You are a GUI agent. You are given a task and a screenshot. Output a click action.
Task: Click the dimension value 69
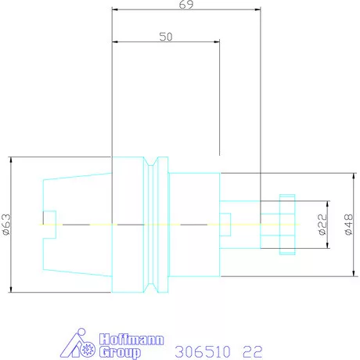point(186,5)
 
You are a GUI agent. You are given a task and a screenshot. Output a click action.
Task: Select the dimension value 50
point(166,37)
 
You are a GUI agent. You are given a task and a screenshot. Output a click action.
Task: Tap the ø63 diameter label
point(6,225)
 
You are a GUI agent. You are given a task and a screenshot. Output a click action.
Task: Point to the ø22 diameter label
point(322,225)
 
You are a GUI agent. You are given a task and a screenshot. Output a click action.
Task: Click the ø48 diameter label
point(348,225)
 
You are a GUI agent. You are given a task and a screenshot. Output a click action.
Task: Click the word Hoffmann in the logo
point(131,340)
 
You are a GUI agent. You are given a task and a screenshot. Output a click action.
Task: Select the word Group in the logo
point(120,352)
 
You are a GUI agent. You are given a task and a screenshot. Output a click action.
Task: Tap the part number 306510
point(203,351)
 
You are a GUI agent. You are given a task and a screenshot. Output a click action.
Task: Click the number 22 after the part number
point(252,351)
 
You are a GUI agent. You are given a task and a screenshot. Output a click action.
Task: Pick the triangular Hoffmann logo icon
point(77,343)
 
